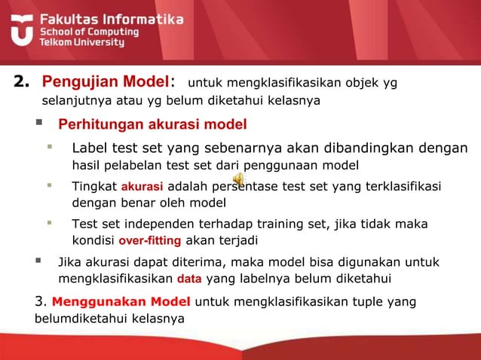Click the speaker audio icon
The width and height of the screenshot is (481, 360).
tap(237, 179)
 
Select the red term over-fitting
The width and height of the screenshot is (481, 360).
tap(150, 241)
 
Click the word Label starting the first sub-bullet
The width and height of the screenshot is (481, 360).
tap(89, 148)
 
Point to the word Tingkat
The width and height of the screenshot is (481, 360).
tap(93, 185)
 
